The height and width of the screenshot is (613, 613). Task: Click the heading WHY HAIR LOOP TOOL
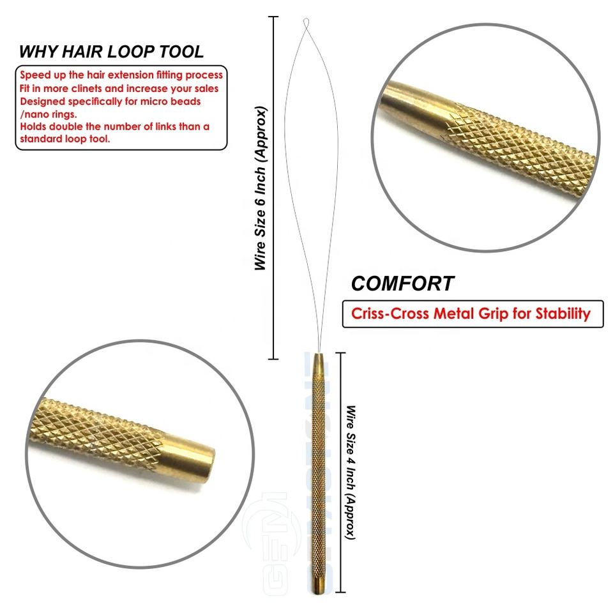(x=111, y=52)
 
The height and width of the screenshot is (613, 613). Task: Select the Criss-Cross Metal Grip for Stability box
(x=473, y=314)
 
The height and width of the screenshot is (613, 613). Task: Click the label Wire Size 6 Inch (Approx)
(x=261, y=188)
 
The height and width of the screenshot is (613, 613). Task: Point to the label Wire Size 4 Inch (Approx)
(x=350, y=472)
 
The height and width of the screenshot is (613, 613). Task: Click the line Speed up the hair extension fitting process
(x=121, y=75)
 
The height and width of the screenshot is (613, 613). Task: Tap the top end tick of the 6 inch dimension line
(x=274, y=17)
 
